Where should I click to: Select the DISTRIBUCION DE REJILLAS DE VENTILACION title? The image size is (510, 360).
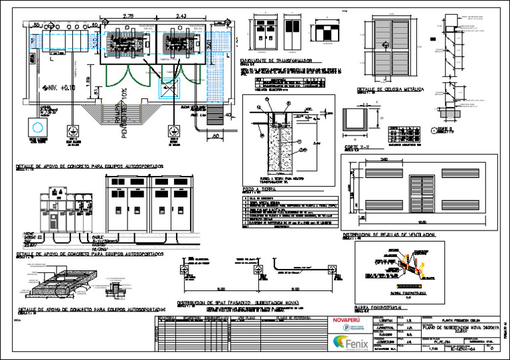click(389, 234)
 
